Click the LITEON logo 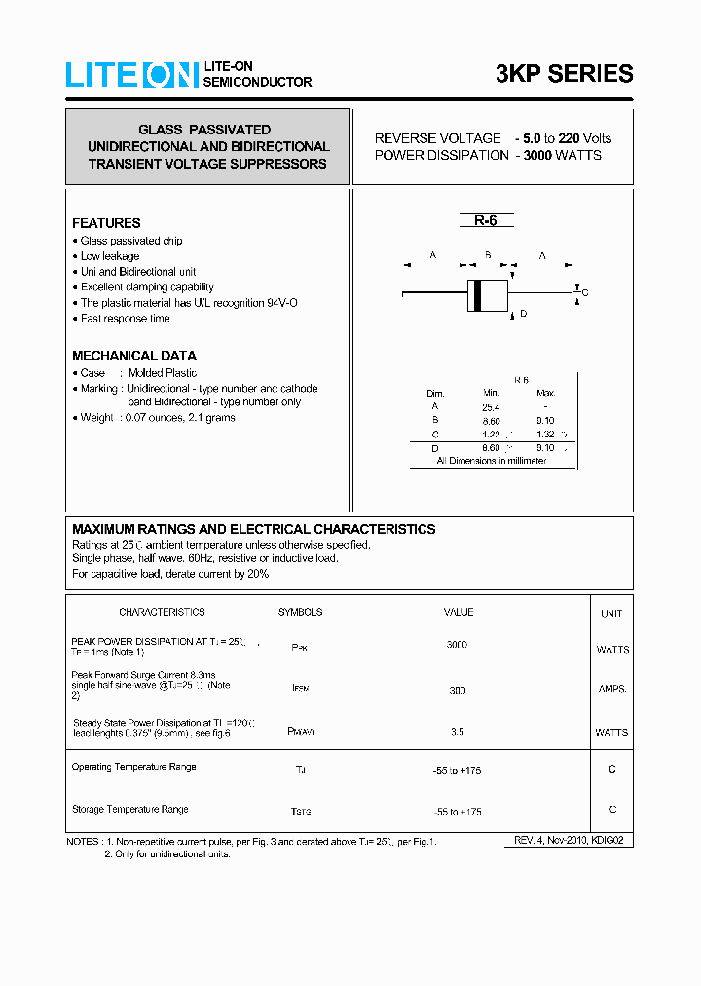pyautogui.click(x=131, y=75)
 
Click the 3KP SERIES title pyautogui.click(x=564, y=74)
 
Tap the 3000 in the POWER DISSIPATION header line pyautogui.click(x=537, y=155)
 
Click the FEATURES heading pyautogui.click(x=106, y=223)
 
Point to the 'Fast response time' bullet pyautogui.click(x=125, y=318)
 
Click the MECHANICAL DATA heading pyautogui.click(x=134, y=356)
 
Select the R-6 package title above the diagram pyautogui.click(x=486, y=221)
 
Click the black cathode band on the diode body pyautogui.click(x=476, y=295)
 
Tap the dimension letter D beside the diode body pyautogui.click(x=523, y=314)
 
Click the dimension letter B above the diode pyautogui.click(x=487, y=256)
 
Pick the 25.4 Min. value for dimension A pyautogui.click(x=491, y=407)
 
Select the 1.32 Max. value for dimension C pyautogui.click(x=545, y=435)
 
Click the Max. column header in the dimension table pyautogui.click(x=545, y=393)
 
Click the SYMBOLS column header pyautogui.click(x=300, y=612)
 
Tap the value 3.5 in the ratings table pyautogui.click(x=458, y=731)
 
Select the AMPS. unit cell pyautogui.click(x=611, y=689)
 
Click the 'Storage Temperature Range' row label pyautogui.click(x=130, y=810)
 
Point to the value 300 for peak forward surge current pyautogui.click(x=457, y=690)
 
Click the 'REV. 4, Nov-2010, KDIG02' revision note pyautogui.click(x=569, y=840)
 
